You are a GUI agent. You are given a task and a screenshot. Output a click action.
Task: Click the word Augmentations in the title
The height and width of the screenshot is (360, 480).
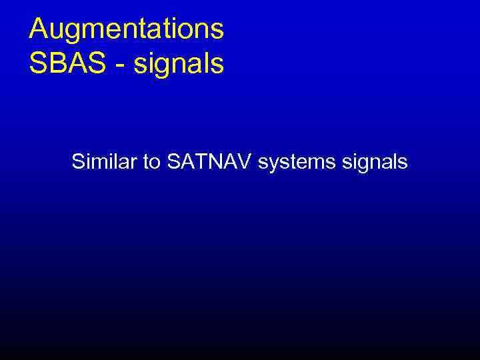127,30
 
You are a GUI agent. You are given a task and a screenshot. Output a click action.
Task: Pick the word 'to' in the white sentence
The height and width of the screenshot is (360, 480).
150,162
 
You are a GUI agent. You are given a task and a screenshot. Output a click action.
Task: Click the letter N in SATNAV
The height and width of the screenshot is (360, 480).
219,161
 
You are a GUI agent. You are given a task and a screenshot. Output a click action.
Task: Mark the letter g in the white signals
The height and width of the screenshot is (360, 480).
357,165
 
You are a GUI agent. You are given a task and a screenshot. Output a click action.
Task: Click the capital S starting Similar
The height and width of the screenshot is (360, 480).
78,161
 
